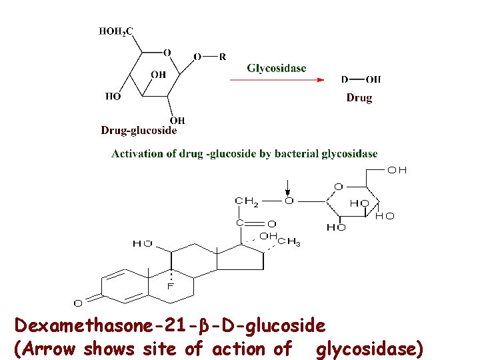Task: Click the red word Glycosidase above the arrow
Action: click(x=277, y=68)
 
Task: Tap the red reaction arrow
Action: click(x=277, y=80)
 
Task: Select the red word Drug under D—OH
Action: click(x=359, y=98)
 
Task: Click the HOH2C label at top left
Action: click(x=116, y=31)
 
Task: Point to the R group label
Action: click(x=222, y=57)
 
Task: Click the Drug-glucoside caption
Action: click(x=139, y=131)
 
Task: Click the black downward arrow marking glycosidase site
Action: click(x=287, y=187)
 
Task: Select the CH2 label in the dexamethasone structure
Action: click(x=247, y=201)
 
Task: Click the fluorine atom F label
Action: click(x=170, y=286)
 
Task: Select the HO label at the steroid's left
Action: click(x=142, y=244)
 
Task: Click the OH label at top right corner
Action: click(x=397, y=170)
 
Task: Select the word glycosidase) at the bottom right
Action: click(x=369, y=348)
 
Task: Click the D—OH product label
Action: click(x=361, y=80)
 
